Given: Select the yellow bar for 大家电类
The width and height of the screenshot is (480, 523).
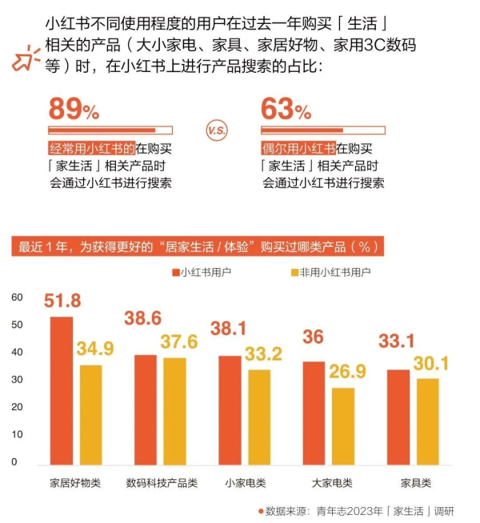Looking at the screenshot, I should click(343, 425).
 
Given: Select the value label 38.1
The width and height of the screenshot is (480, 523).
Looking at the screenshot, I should click(229, 328).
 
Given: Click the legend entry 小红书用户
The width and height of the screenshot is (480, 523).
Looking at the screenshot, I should click(201, 272).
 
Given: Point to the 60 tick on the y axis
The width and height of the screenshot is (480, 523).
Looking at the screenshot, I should click(18, 297).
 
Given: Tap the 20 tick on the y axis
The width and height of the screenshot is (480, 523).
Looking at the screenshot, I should click(18, 407).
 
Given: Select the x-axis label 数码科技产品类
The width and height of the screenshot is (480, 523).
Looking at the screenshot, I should click(158, 484).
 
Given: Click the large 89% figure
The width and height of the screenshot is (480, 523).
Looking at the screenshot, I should click(74, 108).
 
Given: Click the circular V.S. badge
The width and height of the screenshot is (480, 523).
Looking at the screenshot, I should click(217, 130).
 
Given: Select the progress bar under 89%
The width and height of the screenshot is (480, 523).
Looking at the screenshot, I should click(110, 130).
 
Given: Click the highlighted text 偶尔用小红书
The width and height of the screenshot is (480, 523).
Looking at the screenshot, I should click(298, 148).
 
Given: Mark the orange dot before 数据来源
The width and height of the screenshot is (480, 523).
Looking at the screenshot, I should click(260, 510).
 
